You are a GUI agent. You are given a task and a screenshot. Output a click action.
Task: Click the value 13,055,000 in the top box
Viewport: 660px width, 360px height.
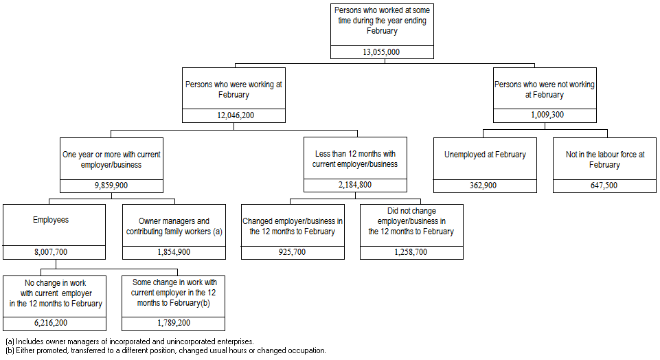[x=381, y=52]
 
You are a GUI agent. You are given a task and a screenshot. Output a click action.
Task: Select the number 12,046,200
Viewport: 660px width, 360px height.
[x=234, y=115]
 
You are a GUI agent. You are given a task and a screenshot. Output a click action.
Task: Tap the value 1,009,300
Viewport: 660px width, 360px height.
[x=545, y=115]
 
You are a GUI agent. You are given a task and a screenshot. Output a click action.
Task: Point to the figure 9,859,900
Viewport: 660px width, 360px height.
[x=112, y=185]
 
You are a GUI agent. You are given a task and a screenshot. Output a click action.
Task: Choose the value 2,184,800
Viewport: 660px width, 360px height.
[x=355, y=185]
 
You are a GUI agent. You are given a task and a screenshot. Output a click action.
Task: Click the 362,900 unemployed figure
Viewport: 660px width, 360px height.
[x=485, y=185]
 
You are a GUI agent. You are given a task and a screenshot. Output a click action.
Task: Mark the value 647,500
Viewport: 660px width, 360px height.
[x=604, y=185]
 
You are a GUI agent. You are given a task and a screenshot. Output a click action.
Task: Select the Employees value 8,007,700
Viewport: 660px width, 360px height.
[x=53, y=252]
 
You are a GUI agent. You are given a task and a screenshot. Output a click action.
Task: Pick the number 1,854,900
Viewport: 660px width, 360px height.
[x=174, y=252]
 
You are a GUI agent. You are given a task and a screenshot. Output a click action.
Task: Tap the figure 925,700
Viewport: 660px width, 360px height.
[x=293, y=252]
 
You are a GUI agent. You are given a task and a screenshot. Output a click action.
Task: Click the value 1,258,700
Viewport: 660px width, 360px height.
[x=411, y=252]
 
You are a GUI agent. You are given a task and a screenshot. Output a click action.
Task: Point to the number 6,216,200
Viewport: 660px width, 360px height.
[x=53, y=323]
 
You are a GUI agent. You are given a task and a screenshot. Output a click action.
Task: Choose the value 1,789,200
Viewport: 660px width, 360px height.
[x=174, y=323]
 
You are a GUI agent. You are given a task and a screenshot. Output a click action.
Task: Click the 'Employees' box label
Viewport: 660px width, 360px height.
[x=51, y=221]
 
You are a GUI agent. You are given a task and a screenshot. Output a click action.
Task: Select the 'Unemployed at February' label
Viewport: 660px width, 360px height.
[x=485, y=155]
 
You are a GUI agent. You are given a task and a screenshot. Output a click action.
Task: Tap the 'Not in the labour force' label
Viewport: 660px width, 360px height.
[x=604, y=159]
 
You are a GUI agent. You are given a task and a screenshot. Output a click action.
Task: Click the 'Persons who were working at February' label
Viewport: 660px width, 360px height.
[x=234, y=89]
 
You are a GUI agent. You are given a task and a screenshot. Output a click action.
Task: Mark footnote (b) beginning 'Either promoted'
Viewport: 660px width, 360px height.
[x=165, y=350]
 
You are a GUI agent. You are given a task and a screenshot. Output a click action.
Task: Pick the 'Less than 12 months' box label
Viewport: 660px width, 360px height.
[x=355, y=159]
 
